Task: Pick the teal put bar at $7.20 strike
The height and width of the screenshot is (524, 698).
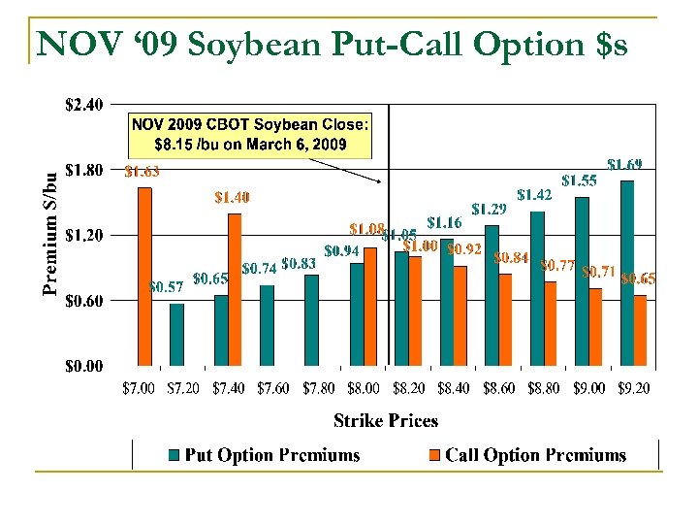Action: pos(176,335)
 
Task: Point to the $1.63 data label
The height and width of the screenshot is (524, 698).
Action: pos(143,173)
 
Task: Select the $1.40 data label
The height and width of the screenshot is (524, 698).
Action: pos(232,197)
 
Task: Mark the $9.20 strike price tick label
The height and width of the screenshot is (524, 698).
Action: pos(630,388)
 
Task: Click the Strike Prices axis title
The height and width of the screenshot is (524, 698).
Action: pos(386,420)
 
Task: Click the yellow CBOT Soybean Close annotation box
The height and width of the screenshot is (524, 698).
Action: pos(250,135)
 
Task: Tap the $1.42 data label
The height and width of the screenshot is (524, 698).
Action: pos(534,194)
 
